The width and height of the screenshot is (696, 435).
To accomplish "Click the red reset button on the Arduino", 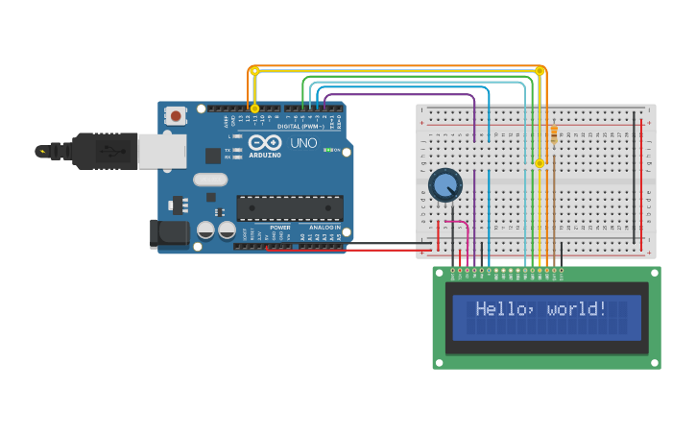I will (176, 115).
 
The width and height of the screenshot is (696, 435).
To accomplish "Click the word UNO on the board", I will (303, 142).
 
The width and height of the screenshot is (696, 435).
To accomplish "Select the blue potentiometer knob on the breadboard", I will (444, 184).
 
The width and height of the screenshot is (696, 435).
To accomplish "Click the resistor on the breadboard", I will (554, 134).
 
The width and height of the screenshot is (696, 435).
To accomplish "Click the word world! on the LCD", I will (577, 309).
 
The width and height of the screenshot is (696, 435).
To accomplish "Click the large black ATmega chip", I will (290, 208).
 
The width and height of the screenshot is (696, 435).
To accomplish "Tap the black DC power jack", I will (170, 233).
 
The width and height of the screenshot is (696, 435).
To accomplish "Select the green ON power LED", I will (327, 150).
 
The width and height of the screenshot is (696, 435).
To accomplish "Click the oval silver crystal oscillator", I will (209, 180).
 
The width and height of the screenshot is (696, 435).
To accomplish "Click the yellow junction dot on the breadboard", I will (540, 163).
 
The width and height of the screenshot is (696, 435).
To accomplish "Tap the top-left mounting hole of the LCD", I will (440, 274).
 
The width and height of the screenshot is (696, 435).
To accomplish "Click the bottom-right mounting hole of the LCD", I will (654, 362).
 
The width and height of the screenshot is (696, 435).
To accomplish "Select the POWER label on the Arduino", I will (280, 228).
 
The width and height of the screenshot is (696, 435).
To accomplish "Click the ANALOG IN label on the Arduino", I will (324, 228).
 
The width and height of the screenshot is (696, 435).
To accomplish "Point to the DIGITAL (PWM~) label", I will (300, 126).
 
